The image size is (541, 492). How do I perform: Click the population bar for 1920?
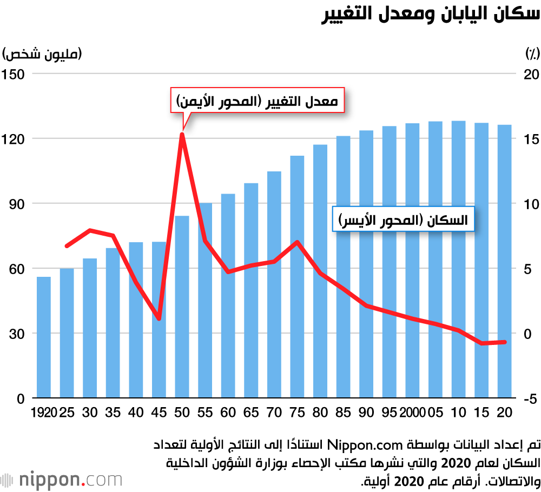tap(44, 337)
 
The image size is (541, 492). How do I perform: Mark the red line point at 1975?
tap(298, 242)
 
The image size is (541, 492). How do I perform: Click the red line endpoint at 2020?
tap(504, 342)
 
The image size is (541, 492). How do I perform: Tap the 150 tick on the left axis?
tap(15, 74)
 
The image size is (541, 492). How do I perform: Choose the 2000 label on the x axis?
tap(413, 413)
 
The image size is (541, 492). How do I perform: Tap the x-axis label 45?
tap(159, 413)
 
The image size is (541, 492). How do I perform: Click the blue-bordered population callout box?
tap(403, 220)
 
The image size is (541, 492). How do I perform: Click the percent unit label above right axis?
tap(532, 54)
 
